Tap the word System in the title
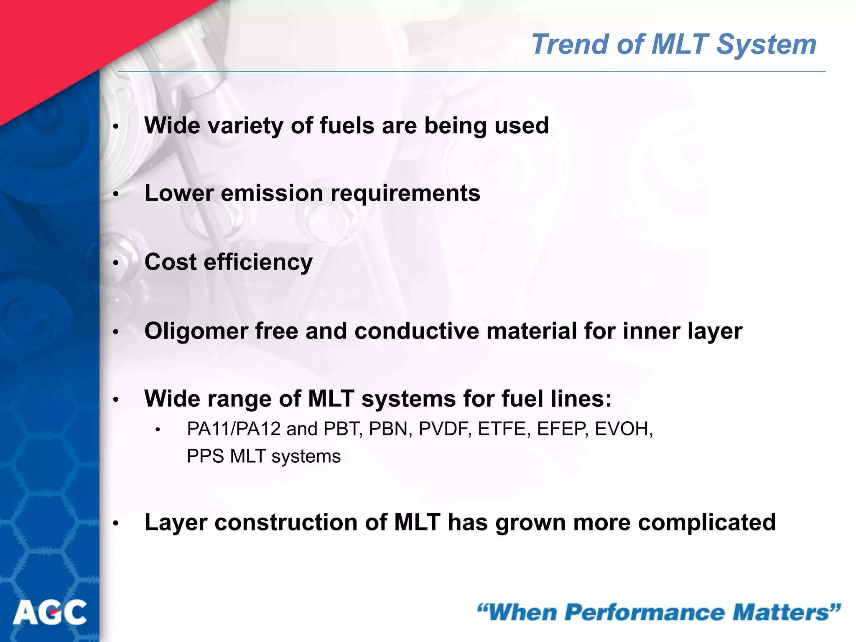pos(766,44)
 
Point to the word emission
pos(272,193)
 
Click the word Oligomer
pos(196,331)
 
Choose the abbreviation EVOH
pos(623,429)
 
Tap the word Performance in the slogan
pos(645,612)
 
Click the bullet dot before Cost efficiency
pos(116,263)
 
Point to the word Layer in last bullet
pos(176,522)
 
